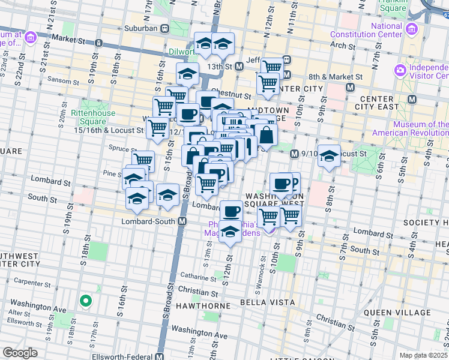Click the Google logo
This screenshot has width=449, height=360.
tap(20, 353)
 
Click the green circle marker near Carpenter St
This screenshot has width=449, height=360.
tap(86, 301)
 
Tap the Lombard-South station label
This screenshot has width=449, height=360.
tap(153, 221)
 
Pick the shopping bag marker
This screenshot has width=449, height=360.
tap(265, 136)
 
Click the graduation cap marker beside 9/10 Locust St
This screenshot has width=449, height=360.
tap(328, 157)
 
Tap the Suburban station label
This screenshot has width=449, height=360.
tap(141, 28)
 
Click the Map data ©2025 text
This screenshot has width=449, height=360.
tap(424, 355)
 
